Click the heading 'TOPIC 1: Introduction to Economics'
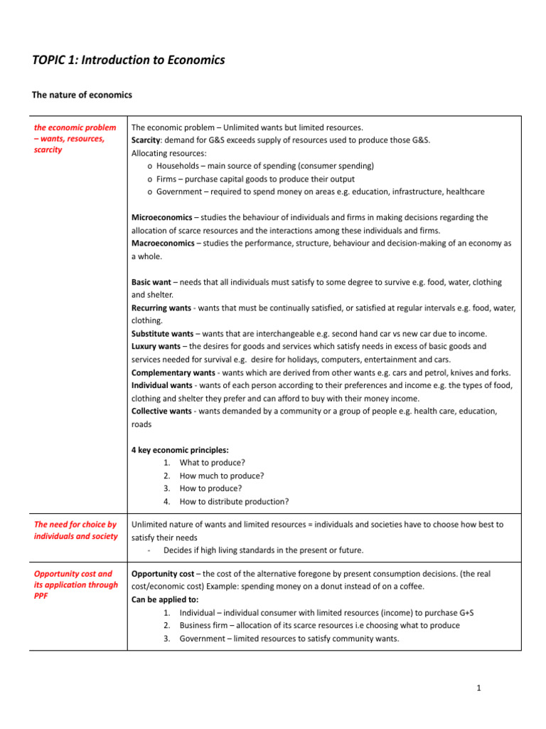(x=129, y=61)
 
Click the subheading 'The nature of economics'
(x=82, y=95)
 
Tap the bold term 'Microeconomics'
(x=162, y=217)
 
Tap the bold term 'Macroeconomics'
(x=163, y=243)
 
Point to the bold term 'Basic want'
(x=151, y=282)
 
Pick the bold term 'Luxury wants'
(x=156, y=346)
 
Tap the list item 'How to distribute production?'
(x=234, y=501)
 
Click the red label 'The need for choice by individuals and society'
(x=76, y=530)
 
